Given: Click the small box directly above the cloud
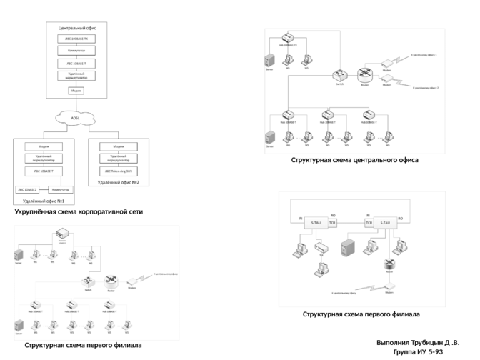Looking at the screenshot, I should (76, 91).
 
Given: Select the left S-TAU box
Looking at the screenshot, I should (315, 224).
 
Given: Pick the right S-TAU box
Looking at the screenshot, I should (385, 224).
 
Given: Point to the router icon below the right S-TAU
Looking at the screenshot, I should (390, 265).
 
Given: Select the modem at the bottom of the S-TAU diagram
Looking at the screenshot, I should (390, 287).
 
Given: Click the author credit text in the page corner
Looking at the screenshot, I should (419, 347).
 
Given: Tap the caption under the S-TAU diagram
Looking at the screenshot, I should (360, 314).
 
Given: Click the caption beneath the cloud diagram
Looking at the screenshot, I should (79, 212).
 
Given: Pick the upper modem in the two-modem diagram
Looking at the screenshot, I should (386, 63).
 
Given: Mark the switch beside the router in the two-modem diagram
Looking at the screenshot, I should (339, 74).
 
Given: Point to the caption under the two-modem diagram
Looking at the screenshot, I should (354, 161).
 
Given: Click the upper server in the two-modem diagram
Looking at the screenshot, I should (269, 60).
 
